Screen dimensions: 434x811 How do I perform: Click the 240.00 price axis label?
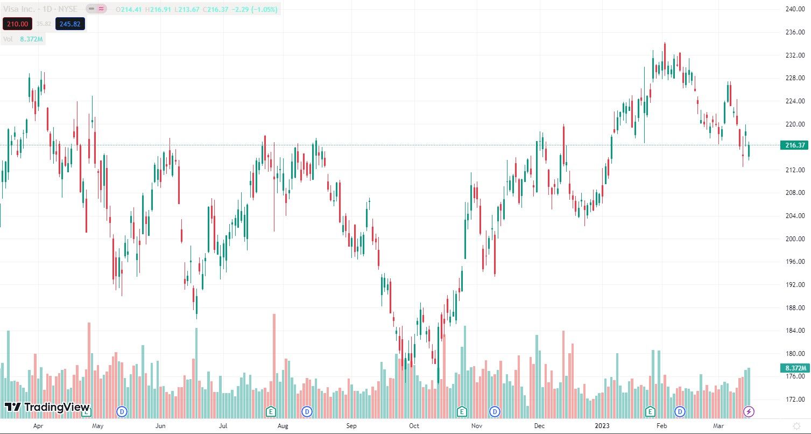tap(794, 9)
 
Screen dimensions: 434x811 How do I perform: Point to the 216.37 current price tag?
tap(794, 145)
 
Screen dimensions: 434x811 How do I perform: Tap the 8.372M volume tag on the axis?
tap(794, 368)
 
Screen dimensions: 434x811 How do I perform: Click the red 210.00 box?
tap(17, 24)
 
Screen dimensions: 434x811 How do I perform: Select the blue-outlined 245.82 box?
tap(69, 24)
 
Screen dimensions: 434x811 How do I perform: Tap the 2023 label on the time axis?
tap(602, 426)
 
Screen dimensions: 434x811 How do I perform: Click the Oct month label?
tap(414, 426)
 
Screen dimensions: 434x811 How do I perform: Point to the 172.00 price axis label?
tap(794, 400)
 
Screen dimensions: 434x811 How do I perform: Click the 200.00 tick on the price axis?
tap(794, 239)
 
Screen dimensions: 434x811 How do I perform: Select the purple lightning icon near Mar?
tap(749, 412)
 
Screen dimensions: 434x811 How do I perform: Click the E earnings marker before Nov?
tap(461, 412)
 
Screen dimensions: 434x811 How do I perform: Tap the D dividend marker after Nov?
tap(494, 412)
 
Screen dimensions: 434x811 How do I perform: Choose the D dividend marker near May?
tap(122, 412)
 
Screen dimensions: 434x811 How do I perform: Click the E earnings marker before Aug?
tap(271, 412)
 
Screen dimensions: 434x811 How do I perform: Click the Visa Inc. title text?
tap(19, 9)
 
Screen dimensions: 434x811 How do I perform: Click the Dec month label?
tap(539, 426)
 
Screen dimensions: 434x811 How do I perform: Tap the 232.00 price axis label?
tap(794, 55)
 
